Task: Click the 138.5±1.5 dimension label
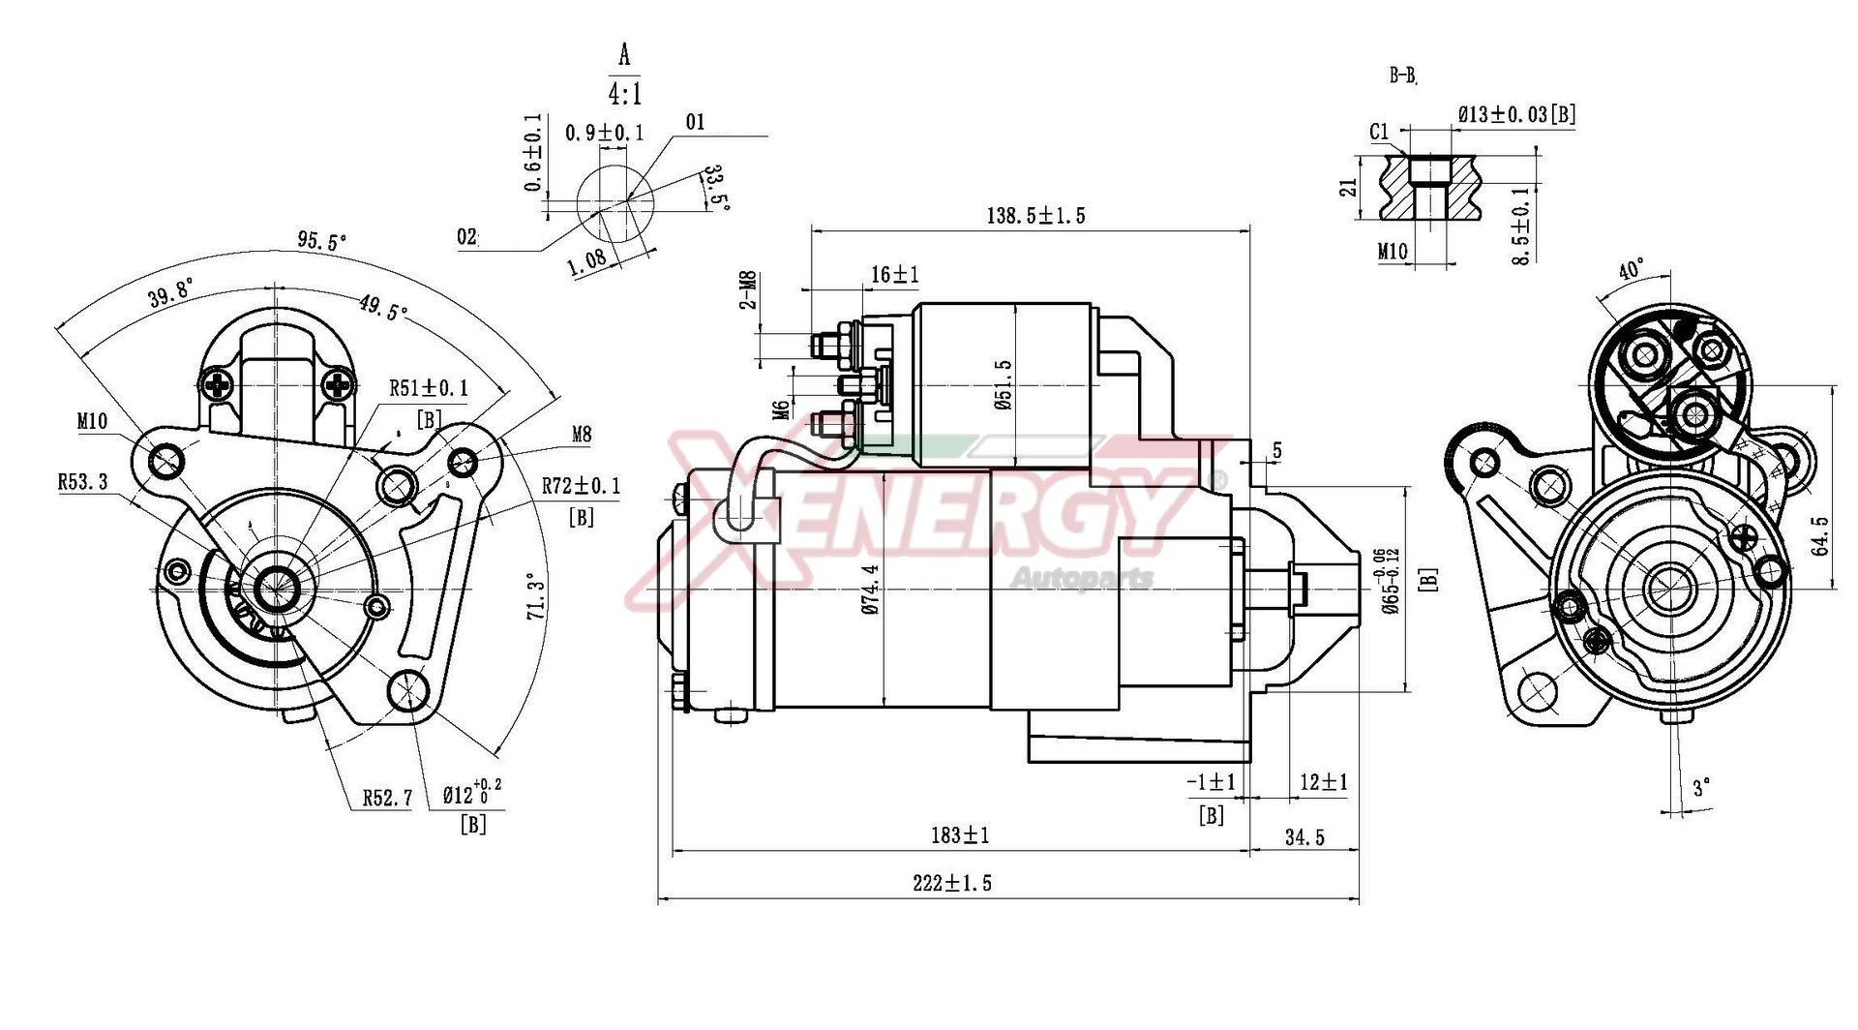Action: click(1035, 215)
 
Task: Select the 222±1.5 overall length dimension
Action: click(952, 883)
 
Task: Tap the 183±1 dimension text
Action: click(960, 834)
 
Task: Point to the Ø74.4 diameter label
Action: click(870, 590)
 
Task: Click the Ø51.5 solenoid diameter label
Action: click(1003, 385)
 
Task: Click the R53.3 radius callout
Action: click(82, 481)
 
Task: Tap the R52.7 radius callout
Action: click(388, 798)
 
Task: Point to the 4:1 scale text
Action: click(624, 94)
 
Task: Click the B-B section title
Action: click(1403, 75)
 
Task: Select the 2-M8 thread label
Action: click(747, 289)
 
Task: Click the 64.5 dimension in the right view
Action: click(1820, 535)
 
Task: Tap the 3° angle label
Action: click(1701, 787)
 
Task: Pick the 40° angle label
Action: click(1632, 269)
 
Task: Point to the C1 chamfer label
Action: click(1380, 132)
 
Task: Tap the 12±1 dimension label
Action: click(1323, 781)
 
